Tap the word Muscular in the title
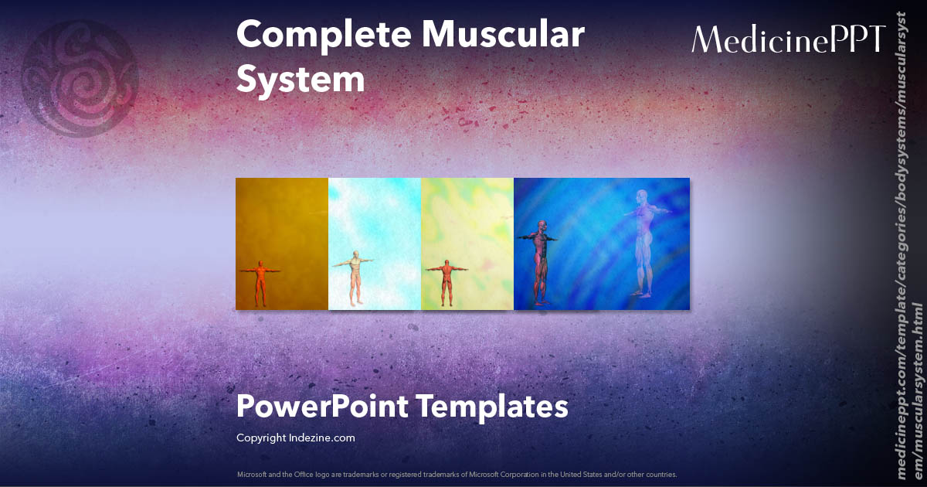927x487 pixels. pyautogui.click(x=505, y=36)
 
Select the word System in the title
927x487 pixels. pyautogui.click(x=300, y=79)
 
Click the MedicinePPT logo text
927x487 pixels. pyautogui.click(x=788, y=39)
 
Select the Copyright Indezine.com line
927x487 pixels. pyautogui.click(x=296, y=438)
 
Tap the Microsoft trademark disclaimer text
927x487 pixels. pyautogui.click(x=457, y=474)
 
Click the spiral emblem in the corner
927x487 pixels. pyautogui.click(x=80, y=77)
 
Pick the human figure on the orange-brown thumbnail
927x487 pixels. pyautogui.click(x=260, y=282)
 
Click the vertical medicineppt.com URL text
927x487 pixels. pyautogui.click(x=909, y=255)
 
